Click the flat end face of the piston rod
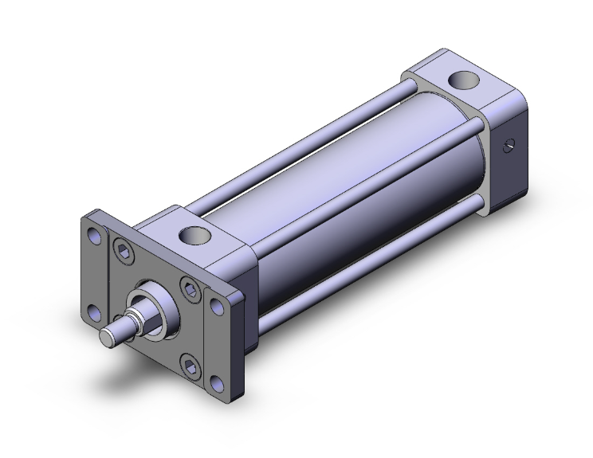107,337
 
